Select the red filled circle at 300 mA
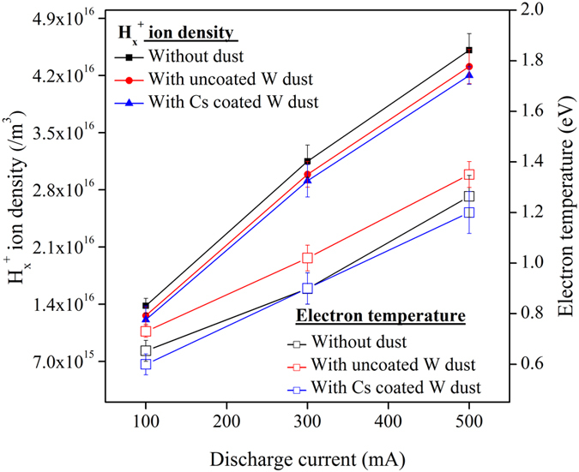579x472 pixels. (307, 175)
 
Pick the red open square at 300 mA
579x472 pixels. (307, 258)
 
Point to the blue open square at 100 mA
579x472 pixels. (146, 364)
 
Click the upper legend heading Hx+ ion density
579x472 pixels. (178, 33)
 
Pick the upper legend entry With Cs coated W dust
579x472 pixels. (232, 102)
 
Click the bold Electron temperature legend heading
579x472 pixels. (380, 316)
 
